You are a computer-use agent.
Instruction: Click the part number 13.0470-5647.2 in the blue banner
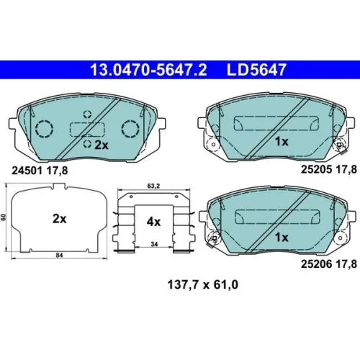(x=148, y=70)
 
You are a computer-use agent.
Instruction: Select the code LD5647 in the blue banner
(x=256, y=70)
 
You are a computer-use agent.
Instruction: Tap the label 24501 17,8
(x=40, y=171)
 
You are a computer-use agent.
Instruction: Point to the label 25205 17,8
(x=329, y=169)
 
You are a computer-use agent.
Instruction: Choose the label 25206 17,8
(x=329, y=264)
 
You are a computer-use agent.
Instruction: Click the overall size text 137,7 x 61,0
(x=203, y=285)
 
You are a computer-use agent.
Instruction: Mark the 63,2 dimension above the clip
(x=153, y=186)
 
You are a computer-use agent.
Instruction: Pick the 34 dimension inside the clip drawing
(x=154, y=244)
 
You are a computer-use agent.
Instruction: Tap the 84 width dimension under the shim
(x=59, y=256)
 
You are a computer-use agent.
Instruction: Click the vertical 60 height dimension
(x=4, y=217)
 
